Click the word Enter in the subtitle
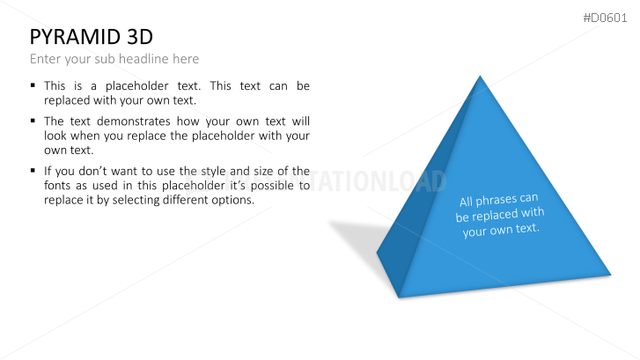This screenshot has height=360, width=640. [46, 59]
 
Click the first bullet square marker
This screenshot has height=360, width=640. [33, 86]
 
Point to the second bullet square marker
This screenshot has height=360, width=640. [33, 121]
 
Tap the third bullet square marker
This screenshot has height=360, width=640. [33, 171]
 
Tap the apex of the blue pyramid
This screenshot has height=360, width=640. [480, 77]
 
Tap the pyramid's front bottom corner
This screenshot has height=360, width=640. [399, 296]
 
